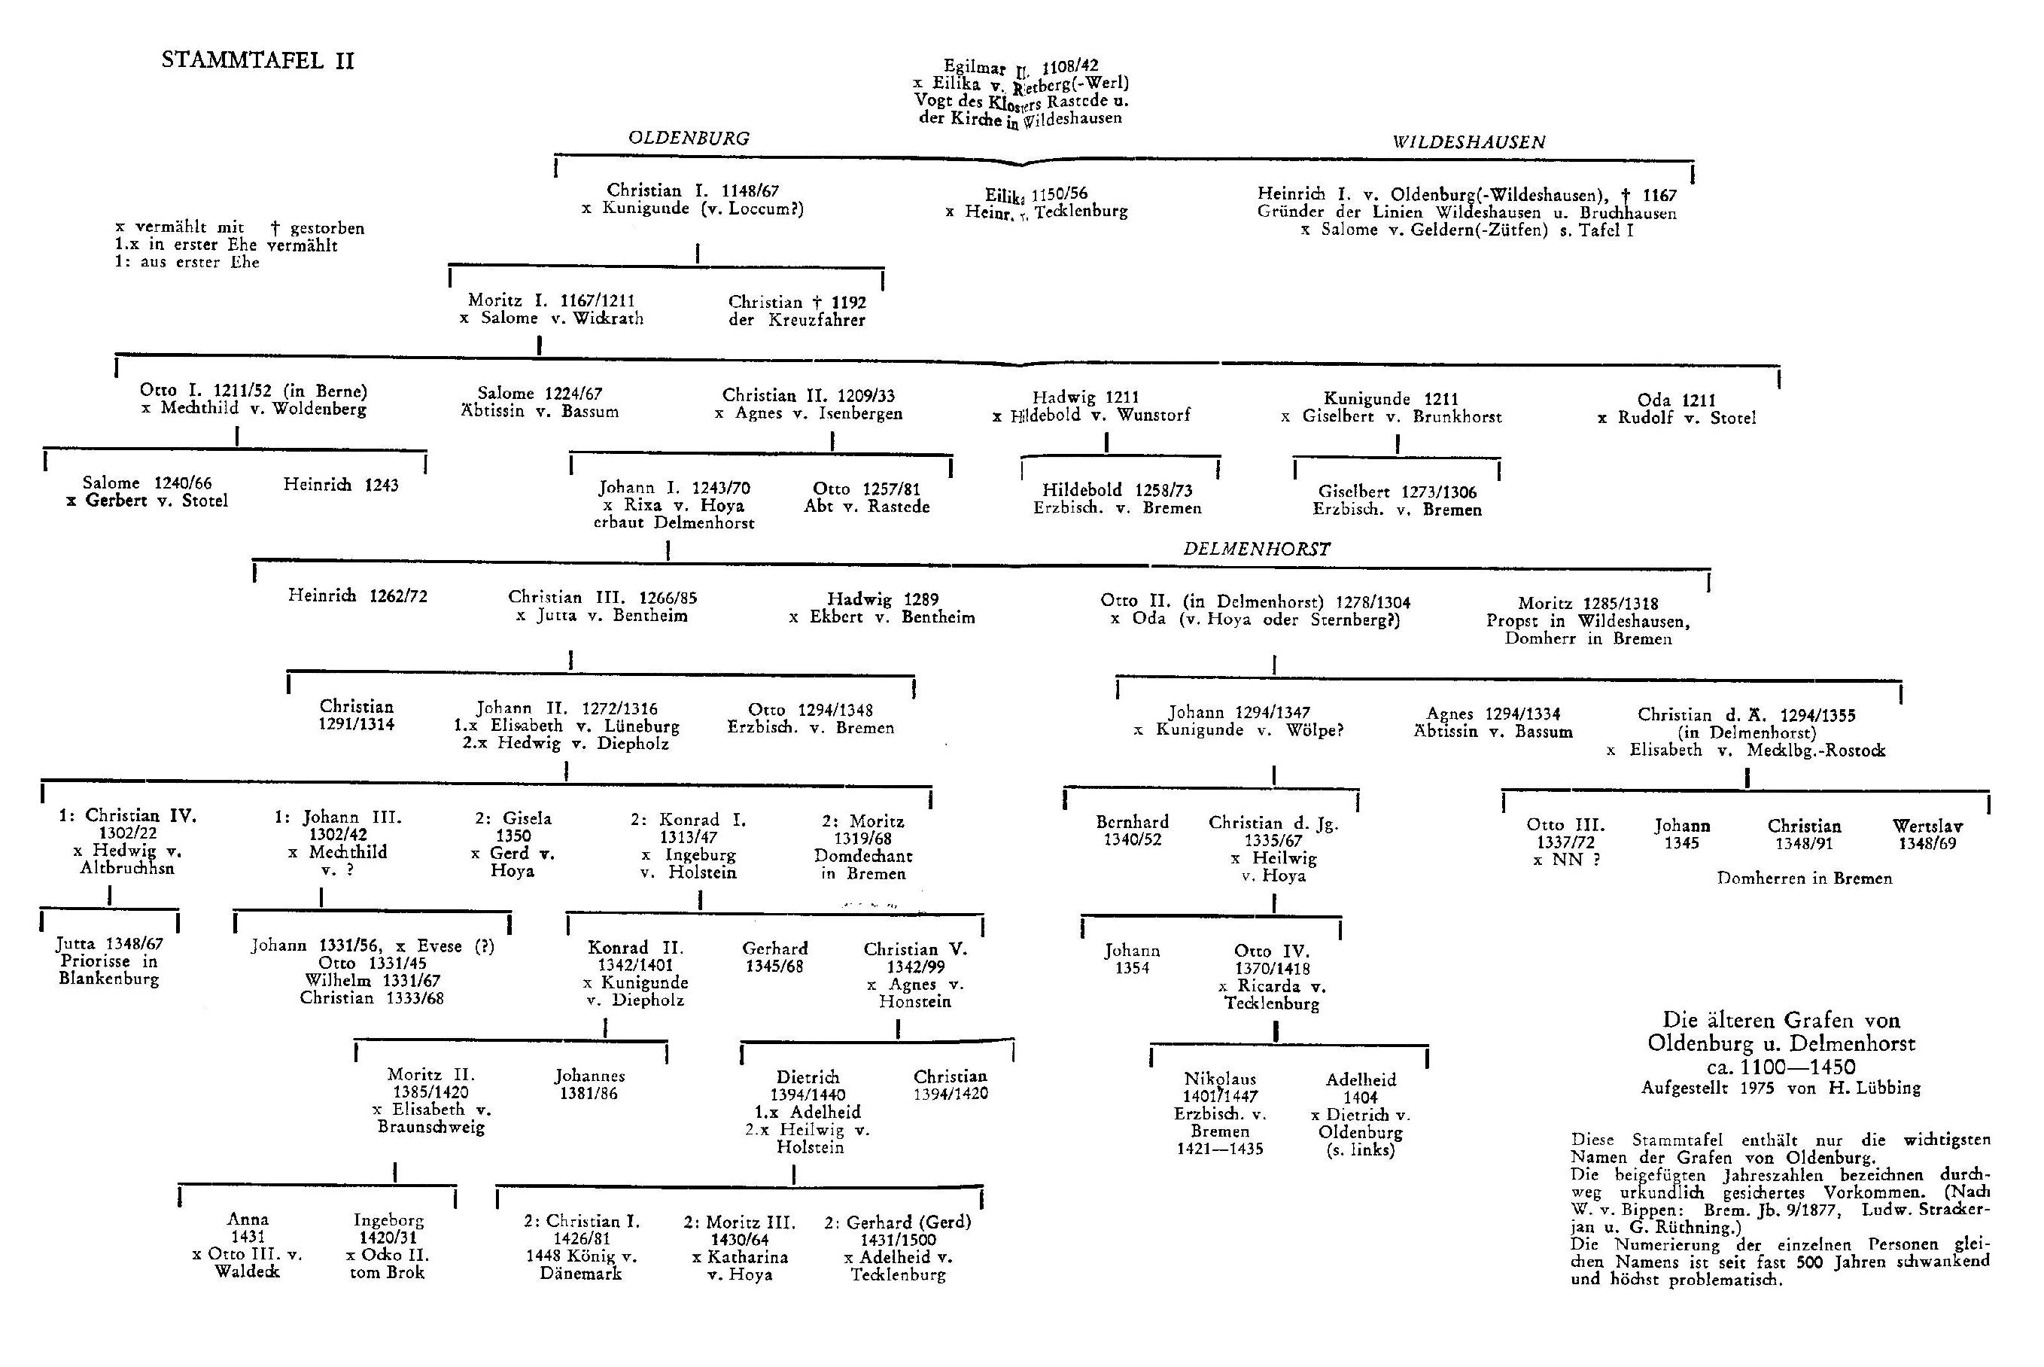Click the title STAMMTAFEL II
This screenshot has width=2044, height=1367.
pyautogui.click(x=258, y=60)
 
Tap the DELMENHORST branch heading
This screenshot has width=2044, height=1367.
pyautogui.click(x=1256, y=550)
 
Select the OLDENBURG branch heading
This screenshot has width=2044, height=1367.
pyautogui.click(x=689, y=138)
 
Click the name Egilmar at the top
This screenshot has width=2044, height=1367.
pyautogui.click(x=974, y=65)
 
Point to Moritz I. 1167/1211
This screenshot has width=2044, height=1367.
pyautogui.click(x=551, y=301)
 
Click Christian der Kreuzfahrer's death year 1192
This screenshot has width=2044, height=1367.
pyautogui.click(x=848, y=303)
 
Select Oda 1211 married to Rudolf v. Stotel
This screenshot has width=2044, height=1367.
pyautogui.click(x=1675, y=400)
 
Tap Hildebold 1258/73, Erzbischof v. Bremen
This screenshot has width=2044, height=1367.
pyautogui.click(x=1118, y=491)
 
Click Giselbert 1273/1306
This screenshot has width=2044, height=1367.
pyautogui.click(x=1398, y=492)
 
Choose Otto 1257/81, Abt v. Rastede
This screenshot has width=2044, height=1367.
pyautogui.click(x=866, y=489)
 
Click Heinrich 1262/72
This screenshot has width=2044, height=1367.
pyautogui.click(x=357, y=596)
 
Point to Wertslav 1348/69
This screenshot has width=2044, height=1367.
pyautogui.click(x=1927, y=827)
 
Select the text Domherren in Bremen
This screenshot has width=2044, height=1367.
pyautogui.click(x=1804, y=878)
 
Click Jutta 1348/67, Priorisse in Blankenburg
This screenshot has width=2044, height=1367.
pyautogui.click(x=110, y=943)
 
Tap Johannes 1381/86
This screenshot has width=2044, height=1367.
pyautogui.click(x=589, y=1076)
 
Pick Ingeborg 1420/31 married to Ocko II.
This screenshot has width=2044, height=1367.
pyautogui.click(x=388, y=1220)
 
